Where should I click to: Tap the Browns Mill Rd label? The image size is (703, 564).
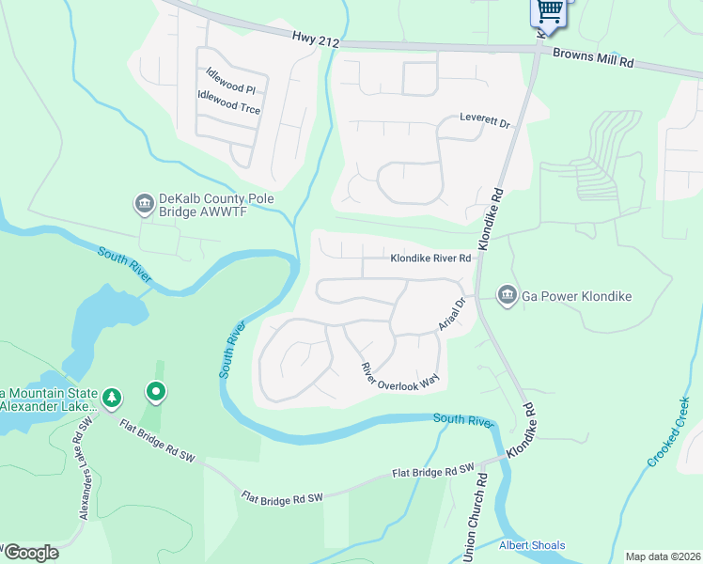(x=593, y=58)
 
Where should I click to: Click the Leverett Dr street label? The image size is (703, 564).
(x=484, y=122)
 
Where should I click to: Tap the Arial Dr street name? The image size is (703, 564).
(x=453, y=315)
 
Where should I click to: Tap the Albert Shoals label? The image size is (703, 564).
(x=532, y=546)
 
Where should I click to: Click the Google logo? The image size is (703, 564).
(x=31, y=552)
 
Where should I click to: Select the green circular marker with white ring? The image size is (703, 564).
(x=156, y=390)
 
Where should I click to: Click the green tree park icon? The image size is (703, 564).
(x=112, y=399)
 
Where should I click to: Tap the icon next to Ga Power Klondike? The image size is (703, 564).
(x=507, y=296)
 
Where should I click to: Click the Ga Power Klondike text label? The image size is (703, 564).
(x=577, y=296)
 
